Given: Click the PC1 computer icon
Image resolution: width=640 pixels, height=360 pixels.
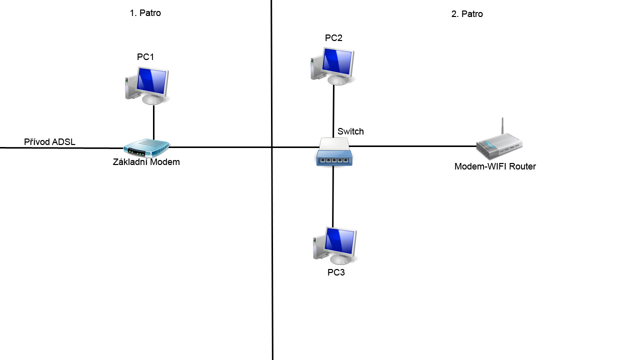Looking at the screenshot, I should pos(147,85).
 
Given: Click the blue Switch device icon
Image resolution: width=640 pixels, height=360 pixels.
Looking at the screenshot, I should pos(334,152).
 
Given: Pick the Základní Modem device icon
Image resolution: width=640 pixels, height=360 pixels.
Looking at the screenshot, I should pos(146,147).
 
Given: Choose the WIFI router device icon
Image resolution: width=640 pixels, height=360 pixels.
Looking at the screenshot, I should pos(498,144).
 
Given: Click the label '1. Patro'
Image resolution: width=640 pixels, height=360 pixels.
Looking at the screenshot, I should pos(145,13).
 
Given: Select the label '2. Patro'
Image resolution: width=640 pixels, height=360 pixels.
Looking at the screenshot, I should pos(467,14).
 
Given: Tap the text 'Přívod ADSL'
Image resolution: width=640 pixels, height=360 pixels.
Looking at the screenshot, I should pos(49,142).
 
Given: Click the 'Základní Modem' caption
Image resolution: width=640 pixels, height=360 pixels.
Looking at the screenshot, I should pos(146,162).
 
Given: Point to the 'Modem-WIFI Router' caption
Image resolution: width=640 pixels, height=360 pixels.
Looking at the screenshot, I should pos(495,166).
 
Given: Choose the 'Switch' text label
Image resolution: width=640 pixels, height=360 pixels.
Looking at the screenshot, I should pos(350,131).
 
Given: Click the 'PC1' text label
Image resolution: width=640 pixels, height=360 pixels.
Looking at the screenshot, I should pos(145,57).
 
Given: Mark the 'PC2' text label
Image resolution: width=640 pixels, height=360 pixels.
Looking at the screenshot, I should pos(333,38).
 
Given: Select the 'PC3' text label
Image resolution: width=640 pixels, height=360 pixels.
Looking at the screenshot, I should pos(336,272).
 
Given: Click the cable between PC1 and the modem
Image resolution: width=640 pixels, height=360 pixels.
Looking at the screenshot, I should pos(153,122).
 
